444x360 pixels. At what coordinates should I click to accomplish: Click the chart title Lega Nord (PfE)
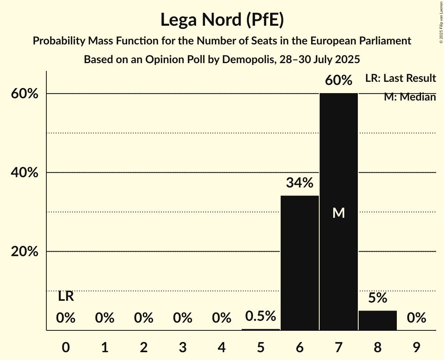click(222, 19)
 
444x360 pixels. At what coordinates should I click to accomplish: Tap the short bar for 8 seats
click(377, 320)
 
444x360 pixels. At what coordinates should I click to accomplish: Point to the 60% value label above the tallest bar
click(339, 81)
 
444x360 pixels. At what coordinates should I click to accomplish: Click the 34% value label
click(299, 182)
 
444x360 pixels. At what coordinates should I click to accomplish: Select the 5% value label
click(377, 298)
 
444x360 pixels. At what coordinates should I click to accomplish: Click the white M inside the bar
click(338, 213)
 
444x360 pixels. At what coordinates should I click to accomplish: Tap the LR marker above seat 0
click(66, 296)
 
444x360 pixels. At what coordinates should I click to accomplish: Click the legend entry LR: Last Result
click(400, 78)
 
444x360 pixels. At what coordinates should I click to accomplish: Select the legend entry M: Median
click(409, 97)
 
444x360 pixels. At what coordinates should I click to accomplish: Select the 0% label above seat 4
click(221, 318)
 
